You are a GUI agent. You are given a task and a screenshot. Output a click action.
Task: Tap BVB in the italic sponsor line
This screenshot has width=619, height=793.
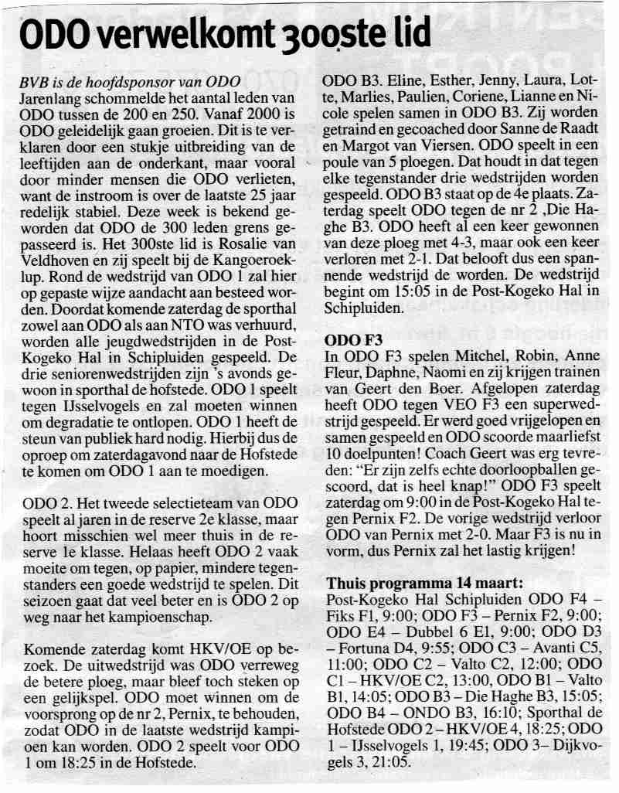click(34, 82)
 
